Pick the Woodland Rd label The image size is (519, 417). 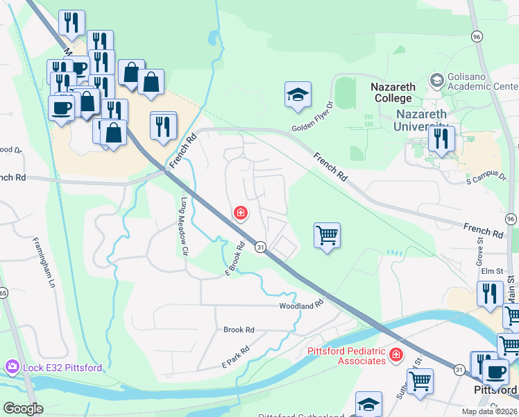302,305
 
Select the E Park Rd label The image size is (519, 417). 235,358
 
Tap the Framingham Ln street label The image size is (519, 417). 42,263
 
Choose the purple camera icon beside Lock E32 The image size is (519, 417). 12,366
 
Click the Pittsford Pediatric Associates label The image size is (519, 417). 346,356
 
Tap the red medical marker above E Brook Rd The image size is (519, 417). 241,213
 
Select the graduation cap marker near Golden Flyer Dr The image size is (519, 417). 298,95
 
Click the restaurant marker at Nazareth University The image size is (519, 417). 441,138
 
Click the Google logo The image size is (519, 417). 23,409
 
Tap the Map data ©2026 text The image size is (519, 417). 488,411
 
